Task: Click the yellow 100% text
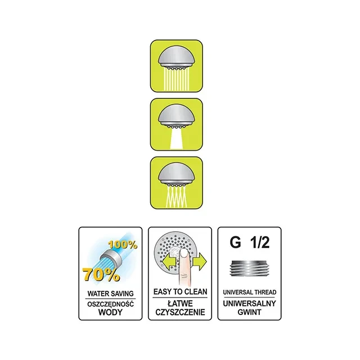tap(123, 245)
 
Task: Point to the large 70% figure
tap(101, 274)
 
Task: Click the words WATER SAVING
tap(110, 294)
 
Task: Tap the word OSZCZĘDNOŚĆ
tap(110, 304)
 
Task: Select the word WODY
tap(110, 312)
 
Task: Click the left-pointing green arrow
tap(169, 262)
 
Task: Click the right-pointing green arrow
tap(200, 262)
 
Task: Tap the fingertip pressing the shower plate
tap(184, 255)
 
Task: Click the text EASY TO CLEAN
tap(180, 292)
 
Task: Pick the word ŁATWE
tap(180, 304)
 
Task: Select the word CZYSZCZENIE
tap(180, 312)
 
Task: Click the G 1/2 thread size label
tap(250, 242)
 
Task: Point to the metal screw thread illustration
tap(249, 268)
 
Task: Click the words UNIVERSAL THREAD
tap(250, 292)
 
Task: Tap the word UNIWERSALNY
tap(249, 304)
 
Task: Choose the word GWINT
tap(249, 312)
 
